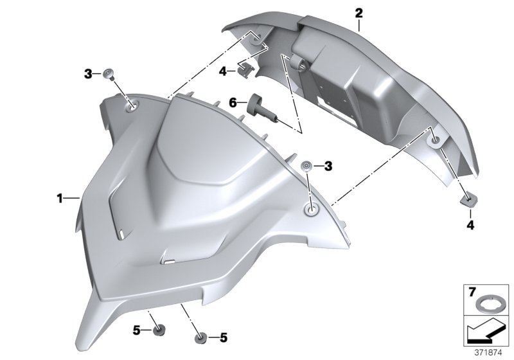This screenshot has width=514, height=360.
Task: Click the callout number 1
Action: pos(60,199)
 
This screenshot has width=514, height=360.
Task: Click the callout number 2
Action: pos(359,12)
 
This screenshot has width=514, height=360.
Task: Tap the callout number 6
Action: pos(234,102)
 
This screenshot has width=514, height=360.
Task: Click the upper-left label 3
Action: pos(88,75)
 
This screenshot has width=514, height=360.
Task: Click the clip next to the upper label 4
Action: pos(245,67)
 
